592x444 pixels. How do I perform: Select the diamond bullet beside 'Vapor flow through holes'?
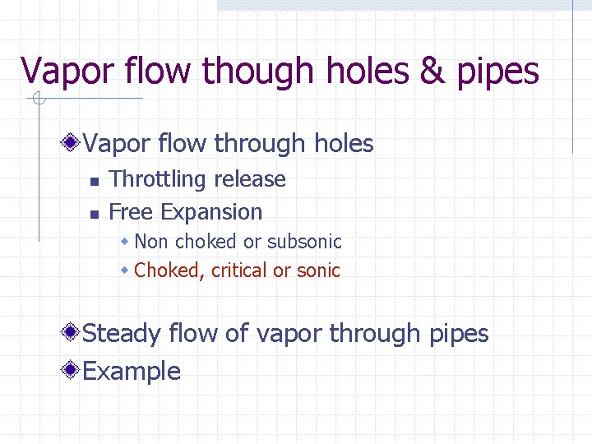(x=73, y=144)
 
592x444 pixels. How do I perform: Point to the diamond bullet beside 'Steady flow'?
(x=73, y=333)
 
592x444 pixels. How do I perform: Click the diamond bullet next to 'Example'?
(x=73, y=371)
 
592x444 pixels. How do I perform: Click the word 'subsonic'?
(x=303, y=242)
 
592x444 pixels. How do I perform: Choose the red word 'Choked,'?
(x=169, y=271)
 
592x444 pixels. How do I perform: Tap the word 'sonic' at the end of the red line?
(x=318, y=271)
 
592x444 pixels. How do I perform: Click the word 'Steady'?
(x=122, y=334)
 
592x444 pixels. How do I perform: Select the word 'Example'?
(x=132, y=372)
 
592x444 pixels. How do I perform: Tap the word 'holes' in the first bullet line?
(x=344, y=144)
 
